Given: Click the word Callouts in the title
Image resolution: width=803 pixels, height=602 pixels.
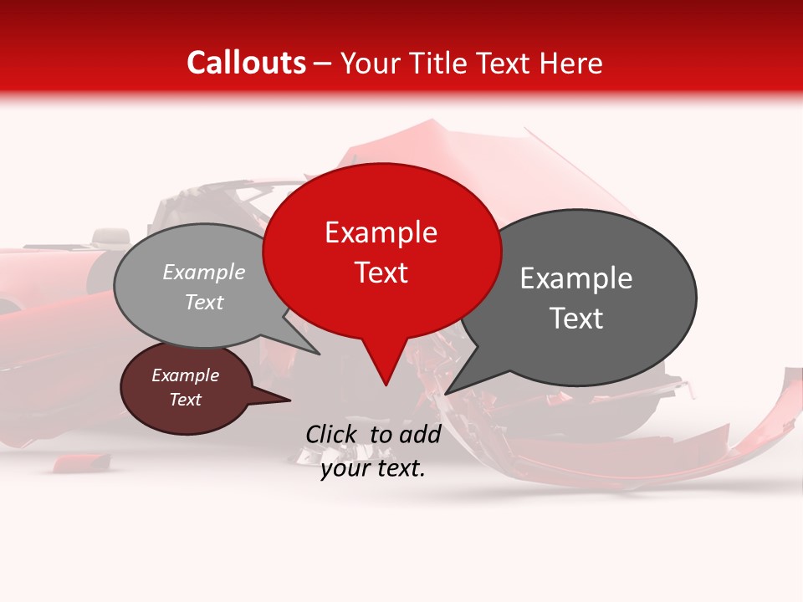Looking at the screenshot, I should pos(246,64).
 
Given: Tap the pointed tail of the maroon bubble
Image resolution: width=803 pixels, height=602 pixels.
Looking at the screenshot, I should pos(289,400).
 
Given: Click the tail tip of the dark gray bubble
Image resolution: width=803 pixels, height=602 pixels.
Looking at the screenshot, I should pos(446,393).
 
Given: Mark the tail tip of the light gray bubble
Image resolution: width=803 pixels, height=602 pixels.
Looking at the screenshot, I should pos(319,354).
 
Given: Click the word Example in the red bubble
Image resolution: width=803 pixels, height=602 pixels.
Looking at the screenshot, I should pos(381,232).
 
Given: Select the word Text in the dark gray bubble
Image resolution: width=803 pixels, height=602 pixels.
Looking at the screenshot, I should pos(577,319).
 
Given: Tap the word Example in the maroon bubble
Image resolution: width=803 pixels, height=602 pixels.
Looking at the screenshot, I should pos(186,375).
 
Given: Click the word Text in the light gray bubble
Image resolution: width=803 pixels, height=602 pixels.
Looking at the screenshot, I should pos(204,303).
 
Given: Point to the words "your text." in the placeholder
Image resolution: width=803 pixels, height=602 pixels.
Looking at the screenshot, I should pos(373,469).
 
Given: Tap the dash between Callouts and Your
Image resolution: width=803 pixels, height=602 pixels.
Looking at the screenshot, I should pos(324,64).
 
